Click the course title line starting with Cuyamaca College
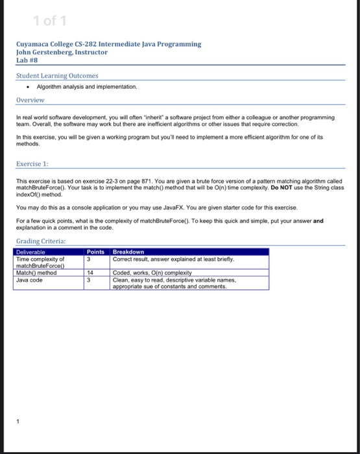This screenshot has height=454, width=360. coord(109,44)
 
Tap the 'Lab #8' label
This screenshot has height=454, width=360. coord(27,60)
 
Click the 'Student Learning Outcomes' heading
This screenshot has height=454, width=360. coord(57,75)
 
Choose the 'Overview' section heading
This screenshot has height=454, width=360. coord(30,101)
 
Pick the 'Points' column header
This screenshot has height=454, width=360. coord(96,252)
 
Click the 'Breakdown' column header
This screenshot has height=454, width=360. coord(128,252)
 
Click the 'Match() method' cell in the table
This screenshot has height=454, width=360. coord(36,273)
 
